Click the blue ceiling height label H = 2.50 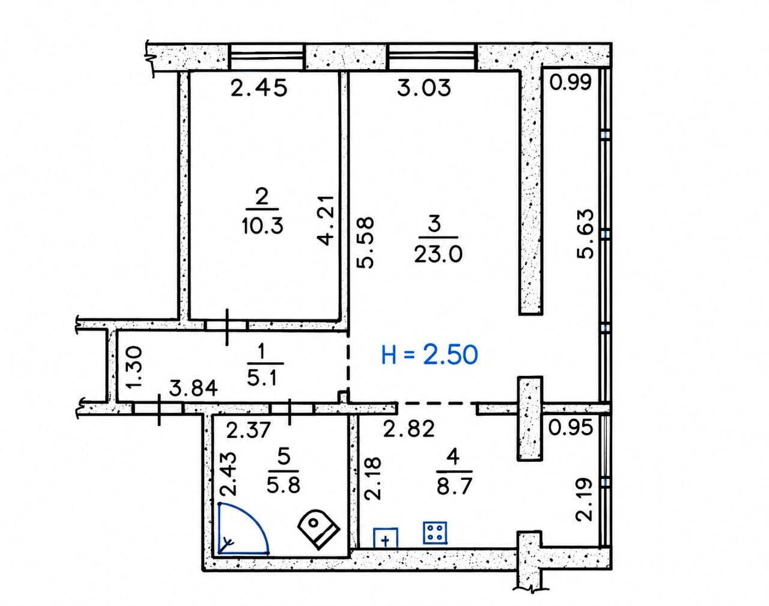(x=430, y=354)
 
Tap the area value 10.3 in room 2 (x=263, y=226)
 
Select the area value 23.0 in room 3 (x=439, y=255)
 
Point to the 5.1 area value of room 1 (x=262, y=378)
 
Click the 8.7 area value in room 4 (x=455, y=485)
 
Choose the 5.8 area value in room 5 (x=284, y=484)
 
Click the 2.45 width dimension (x=259, y=88)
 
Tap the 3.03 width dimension (x=424, y=88)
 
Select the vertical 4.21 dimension (x=326, y=220)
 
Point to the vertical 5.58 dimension (x=365, y=243)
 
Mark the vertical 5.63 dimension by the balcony (x=585, y=234)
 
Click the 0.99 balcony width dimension (x=570, y=82)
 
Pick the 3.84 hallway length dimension (x=193, y=389)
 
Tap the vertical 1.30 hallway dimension (x=135, y=367)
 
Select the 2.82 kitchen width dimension (x=409, y=429)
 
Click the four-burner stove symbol (x=435, y=533)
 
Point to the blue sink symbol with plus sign (x=386, y=538)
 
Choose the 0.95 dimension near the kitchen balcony (x=571, y=428)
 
